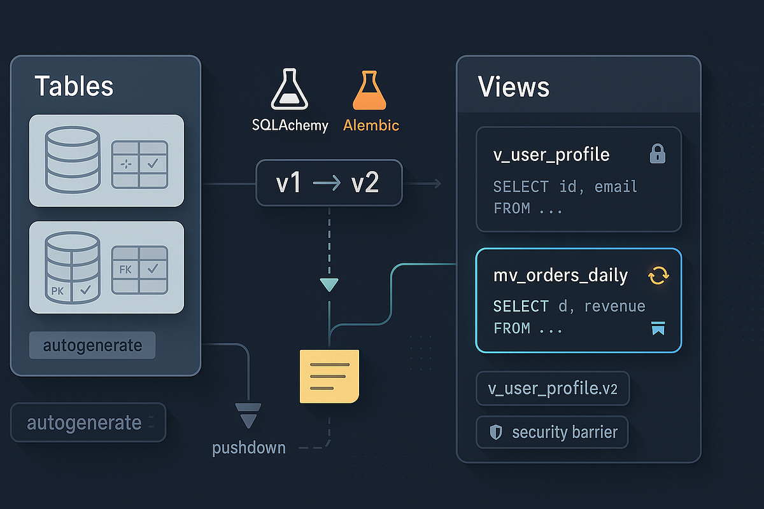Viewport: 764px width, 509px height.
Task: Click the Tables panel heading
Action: [74, 86]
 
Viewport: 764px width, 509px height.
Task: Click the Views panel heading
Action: [514, 87]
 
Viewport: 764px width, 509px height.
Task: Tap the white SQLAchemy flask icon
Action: [290, 90]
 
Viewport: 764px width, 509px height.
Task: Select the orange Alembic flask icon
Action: [370, 90]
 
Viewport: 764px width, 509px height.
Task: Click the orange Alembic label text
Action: [371, 125]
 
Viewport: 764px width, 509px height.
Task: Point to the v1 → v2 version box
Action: [329, 183]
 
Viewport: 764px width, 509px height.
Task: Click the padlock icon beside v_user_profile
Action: [657, 154]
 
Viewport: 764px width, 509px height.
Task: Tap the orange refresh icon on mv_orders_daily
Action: [658, 275]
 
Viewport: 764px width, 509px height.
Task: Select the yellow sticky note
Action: [329, 375]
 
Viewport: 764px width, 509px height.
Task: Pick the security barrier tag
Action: [551, 433]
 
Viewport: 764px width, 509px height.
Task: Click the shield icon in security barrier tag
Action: [495, 433]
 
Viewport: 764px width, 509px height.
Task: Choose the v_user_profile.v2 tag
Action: [552, 389]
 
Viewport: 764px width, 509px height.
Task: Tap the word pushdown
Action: [249, 448]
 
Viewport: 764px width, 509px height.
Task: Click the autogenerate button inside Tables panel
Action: [92, 345]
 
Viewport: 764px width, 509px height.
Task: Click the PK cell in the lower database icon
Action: [57, 291]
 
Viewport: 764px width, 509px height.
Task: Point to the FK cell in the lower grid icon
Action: [125, 269]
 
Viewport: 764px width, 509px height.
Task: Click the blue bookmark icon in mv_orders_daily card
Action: [658, 328]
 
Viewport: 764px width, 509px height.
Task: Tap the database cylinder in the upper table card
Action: [72, 159]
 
